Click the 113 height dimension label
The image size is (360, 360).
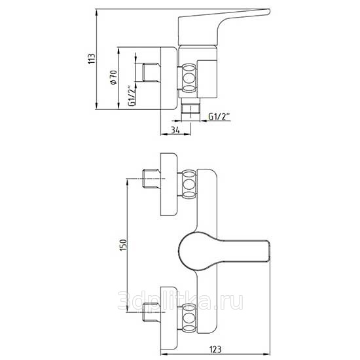pyautogui.click(x=92, y=59)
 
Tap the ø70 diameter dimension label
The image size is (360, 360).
pyautogui.click(x=114, y=77)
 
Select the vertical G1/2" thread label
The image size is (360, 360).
pyautogui.click(x=132, y=96)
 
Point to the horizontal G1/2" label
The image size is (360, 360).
pyautogui.click(x=219, y=117)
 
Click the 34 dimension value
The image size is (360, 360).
pyautogui.click(x=175, y=130)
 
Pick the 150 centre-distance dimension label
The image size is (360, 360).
pyautogui.click(x=123, y=245)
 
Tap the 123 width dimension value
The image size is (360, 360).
pyautogui.click(x=215, y=350)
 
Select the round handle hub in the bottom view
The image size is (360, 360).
pyautogui.click(x=198, y=251)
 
